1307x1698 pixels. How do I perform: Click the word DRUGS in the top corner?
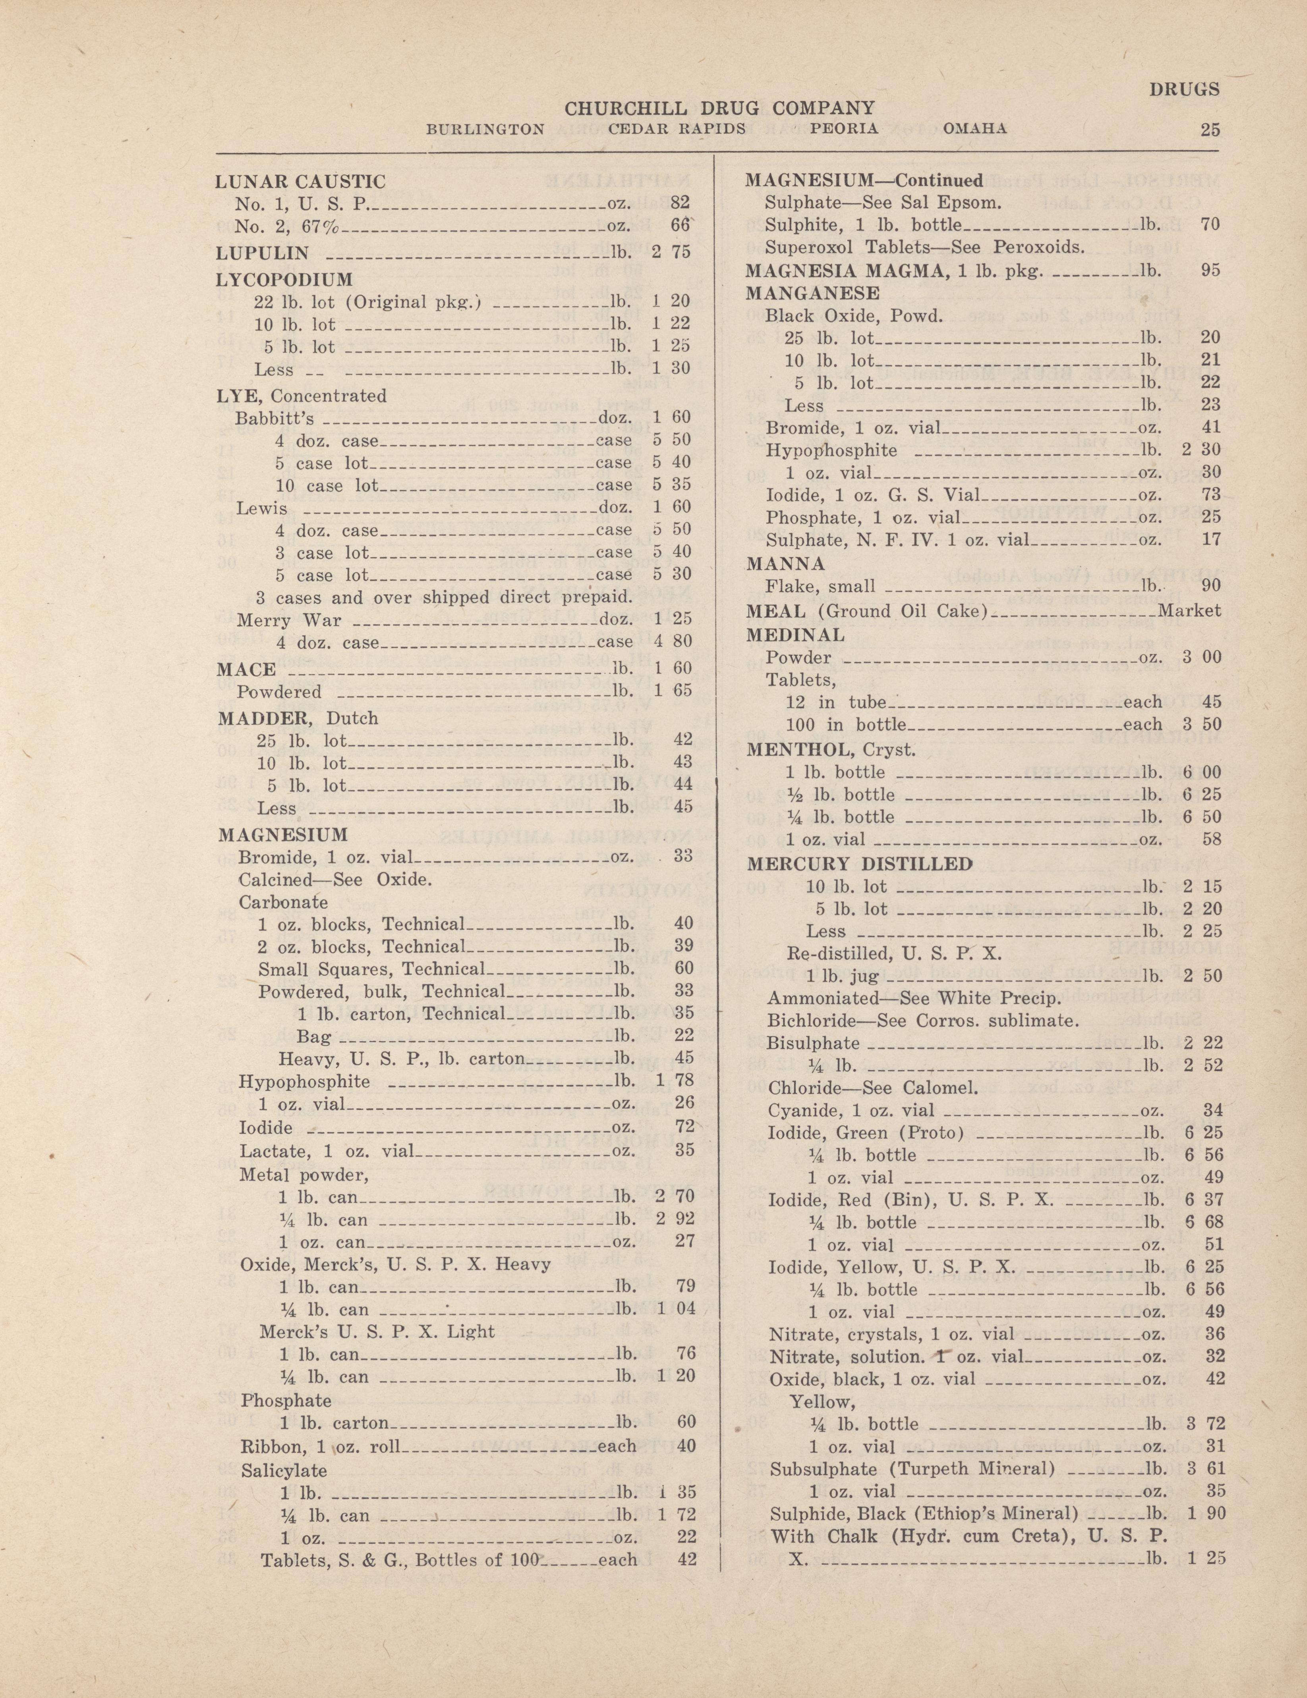pyautogui.click(x=1184, y=89)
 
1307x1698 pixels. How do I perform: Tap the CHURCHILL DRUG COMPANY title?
pyautogui.click(x=719, y=108)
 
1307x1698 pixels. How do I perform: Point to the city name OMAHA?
pyautogui.click(x=975, y=128)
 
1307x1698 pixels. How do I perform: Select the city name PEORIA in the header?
pyautogui.click(x=844, y=128)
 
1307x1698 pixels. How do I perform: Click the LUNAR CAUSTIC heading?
pyautogui.click(x=300, y=182)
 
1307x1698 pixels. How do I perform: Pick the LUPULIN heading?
pyautogui.click(x=263, y=253)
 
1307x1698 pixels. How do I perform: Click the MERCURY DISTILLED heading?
pyautogui.click(x=859, y=864)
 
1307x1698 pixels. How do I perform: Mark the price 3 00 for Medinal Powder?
pyautogui.click(x=1201, y=657)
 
